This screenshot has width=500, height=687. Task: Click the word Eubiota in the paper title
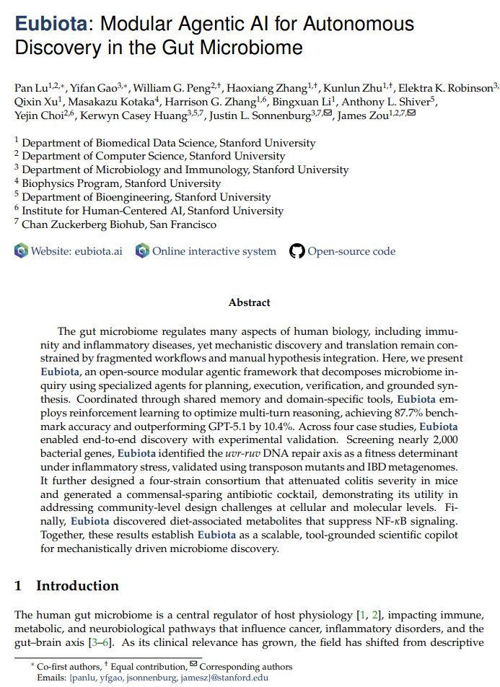click(50, 25)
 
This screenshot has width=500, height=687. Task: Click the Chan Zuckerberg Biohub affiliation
click(118, 224)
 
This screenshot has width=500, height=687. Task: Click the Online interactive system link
click(214, 251)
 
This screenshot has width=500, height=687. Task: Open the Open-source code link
click(351, 251)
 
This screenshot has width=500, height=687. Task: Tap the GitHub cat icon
click(297, 251)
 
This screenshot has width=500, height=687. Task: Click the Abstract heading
click(250, 302)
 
